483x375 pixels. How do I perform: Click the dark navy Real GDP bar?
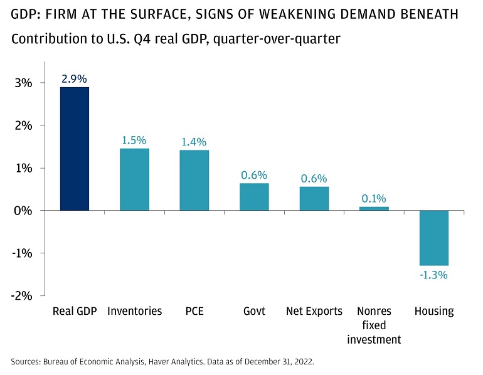coord(75,149)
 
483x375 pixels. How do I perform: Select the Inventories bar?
coord(135,179)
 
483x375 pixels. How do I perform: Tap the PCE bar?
coord(194,180)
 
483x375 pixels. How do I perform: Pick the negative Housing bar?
coord(433,238)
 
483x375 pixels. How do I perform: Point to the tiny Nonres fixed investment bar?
coord(374,208)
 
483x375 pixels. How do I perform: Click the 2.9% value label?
coord(75,79)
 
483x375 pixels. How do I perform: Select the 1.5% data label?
coord(135,140)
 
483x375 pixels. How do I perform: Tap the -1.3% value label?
coord(433,275)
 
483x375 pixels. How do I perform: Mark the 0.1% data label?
coord(374,199)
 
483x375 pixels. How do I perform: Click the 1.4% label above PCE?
coord(194,142)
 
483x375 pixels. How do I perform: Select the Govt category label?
coord(254,311)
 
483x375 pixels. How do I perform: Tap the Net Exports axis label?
coord(314,311)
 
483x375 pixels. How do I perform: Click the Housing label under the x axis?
coord(433,311)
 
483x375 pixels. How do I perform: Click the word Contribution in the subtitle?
coord(43,39)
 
